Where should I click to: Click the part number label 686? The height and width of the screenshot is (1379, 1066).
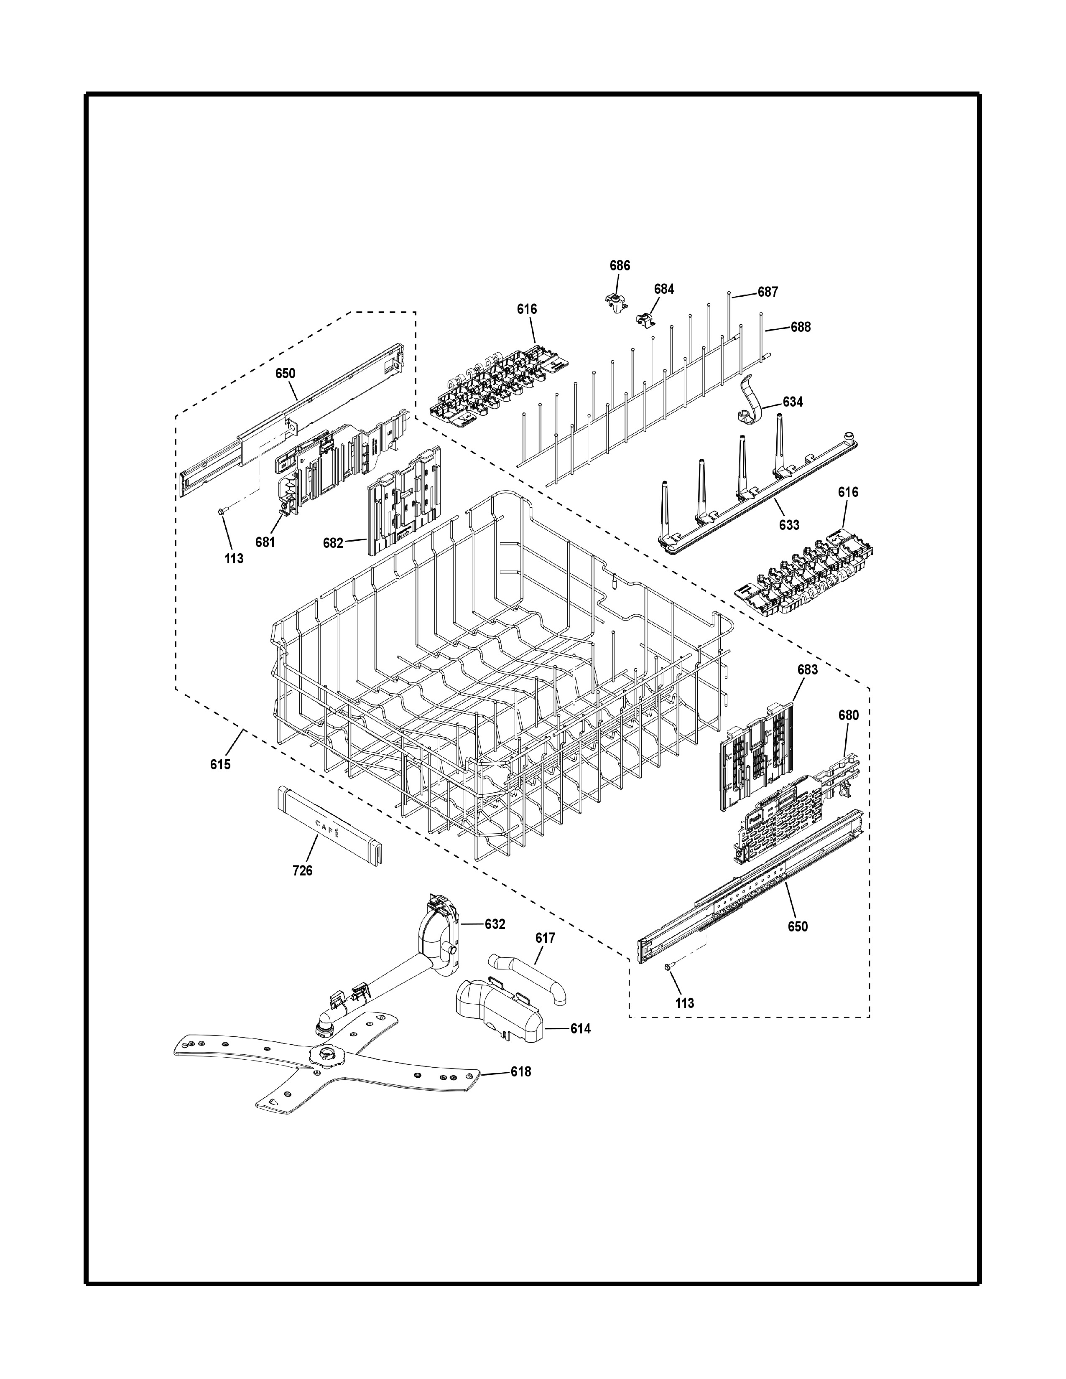(620, 266)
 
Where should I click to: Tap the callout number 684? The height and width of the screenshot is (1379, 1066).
(664, 289)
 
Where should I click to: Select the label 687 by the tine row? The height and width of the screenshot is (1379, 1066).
(768, 293)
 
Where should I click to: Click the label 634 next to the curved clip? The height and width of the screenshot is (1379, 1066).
(793, 402)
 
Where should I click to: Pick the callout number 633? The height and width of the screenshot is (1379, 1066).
(789, 525)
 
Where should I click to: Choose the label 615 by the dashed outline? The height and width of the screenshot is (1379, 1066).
(220, 765)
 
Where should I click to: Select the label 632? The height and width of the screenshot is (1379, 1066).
(495, 924)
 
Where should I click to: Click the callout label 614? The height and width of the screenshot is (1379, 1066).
(580, 1028)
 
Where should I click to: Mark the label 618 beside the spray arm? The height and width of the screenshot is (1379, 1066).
(521, 1071)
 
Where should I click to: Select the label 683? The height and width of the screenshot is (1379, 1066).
(807, 669)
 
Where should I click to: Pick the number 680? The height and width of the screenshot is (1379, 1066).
(848, 715)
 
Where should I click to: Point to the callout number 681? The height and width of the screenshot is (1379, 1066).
(265, 542)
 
